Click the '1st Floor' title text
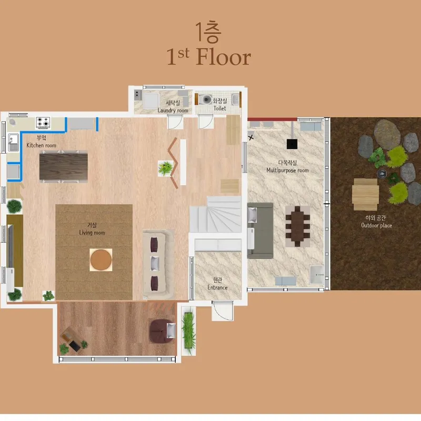[208, 57]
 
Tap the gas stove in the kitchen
[43, 123]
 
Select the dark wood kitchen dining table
[63, 166]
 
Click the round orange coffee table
[101, 260]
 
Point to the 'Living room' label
[92, 233]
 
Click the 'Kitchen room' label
[42, 145]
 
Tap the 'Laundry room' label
[173, 111]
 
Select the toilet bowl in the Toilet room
[205, 99]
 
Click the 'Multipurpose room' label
[287, 170]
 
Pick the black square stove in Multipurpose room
[292, 144]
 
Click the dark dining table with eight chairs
[297, 226]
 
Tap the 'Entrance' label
[217, 287]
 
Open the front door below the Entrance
[223, 310]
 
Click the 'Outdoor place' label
[376, 226]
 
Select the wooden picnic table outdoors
[365, 194]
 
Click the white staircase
[216, 214]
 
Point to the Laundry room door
[175, 122]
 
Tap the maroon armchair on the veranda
[162, 331]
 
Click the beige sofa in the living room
[158, 264]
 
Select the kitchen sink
[13, 143]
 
